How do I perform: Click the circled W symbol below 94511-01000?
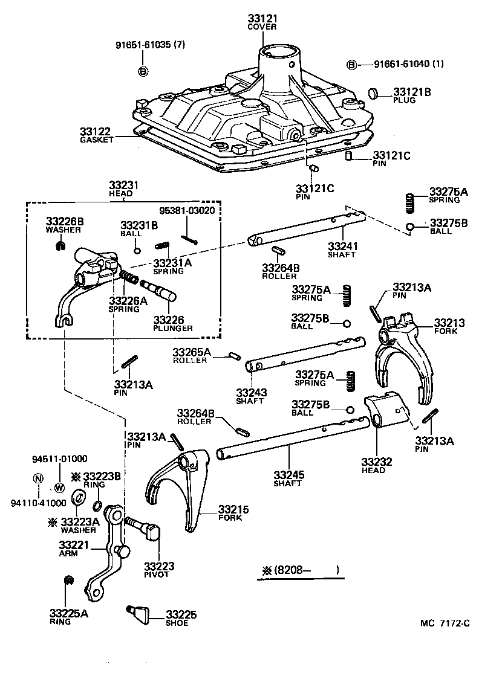(x=59, y=486)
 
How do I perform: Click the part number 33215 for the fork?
(x=233, y=509)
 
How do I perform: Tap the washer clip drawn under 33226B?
(x=59, y=245)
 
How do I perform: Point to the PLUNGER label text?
(x=172, y=328)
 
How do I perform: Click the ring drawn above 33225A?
(x=69, y=581)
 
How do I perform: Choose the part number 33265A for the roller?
(x=191, y=352)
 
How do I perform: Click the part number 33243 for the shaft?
(x=252, y=391)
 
